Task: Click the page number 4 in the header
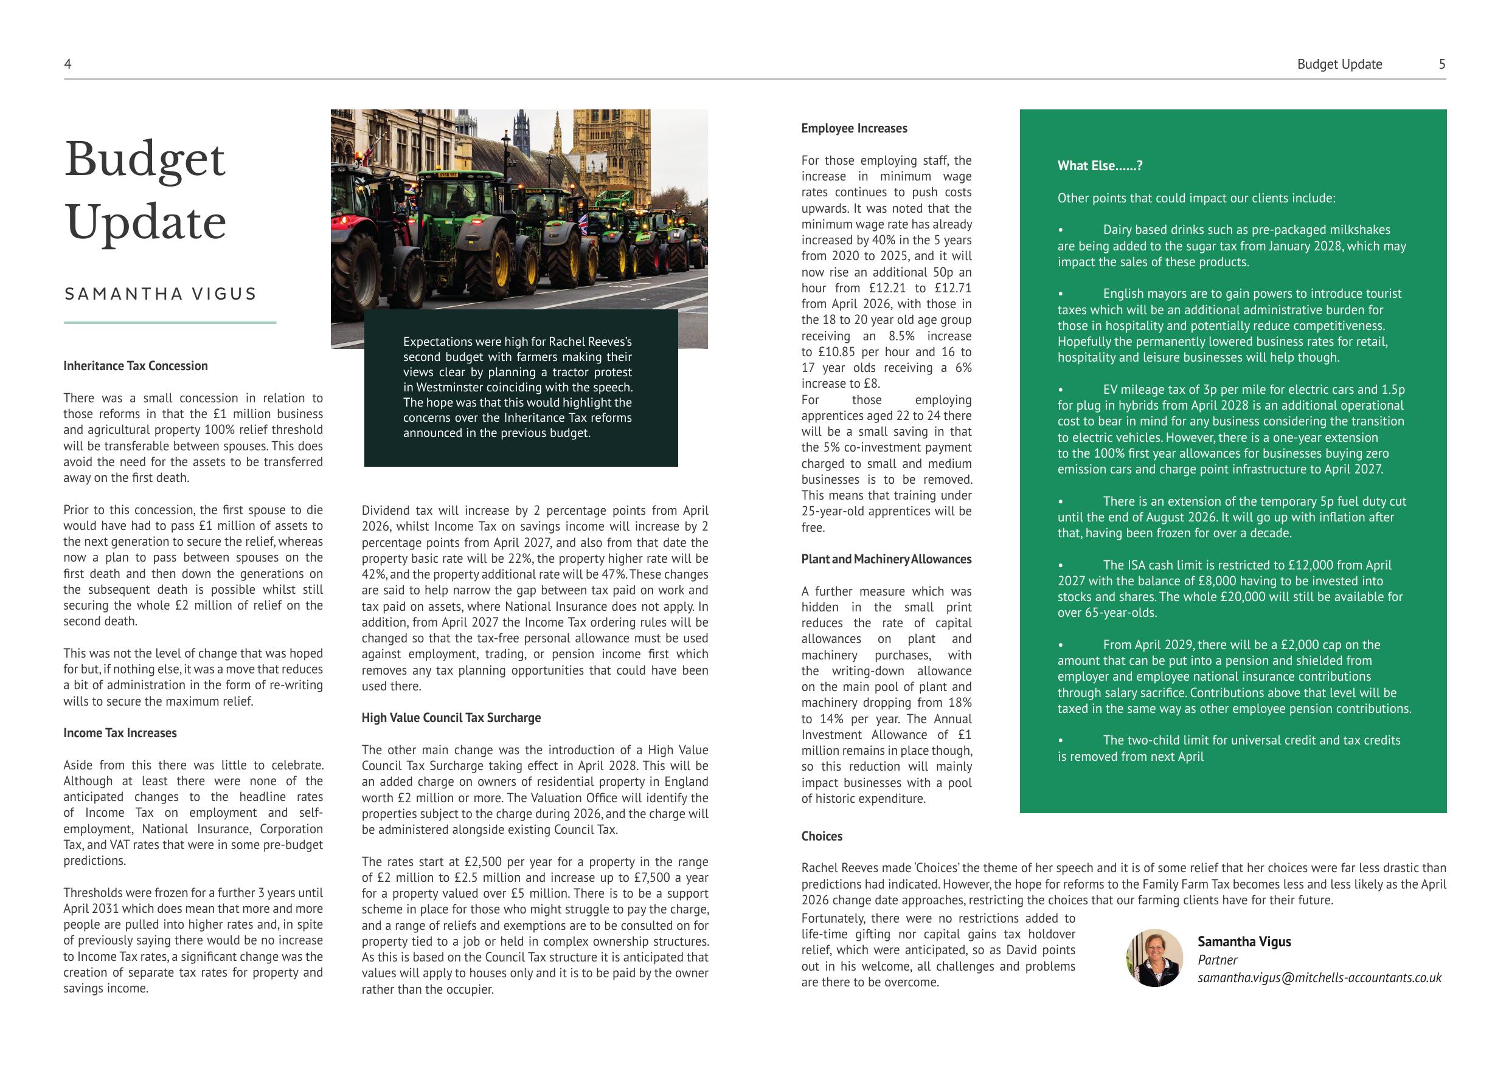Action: pyautogui.click(x=68, y=64)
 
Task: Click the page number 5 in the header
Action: pyautogui.click(x=1442, y=64)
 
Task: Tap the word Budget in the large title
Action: pyautogui.click(x=145, y=160)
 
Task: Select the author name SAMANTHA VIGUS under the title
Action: pyautogui.click(x=161, y=294)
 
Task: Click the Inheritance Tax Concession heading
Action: pyautogui.click(x=136, y=366)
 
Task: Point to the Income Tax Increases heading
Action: pyautogui.click(x=120, y=733)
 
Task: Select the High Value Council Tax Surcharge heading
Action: pyautogui.click(x=451, y=718)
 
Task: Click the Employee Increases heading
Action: pyautogui.click(x=854, y=129)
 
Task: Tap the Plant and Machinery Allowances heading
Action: pyautogui.click(x=886, y=560)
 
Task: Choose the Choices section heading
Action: pyautogui.click(x=822, y=836)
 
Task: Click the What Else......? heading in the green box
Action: pyautogui.click(x=1100, y=166)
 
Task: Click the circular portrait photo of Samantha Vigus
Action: pyautogui.click(x=1154, y=958)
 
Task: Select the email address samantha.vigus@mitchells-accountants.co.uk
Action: pyautogui.click(x=1319, y=977)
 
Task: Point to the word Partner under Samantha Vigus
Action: pyautogui.click(x=1217, y=960)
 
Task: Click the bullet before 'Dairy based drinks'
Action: pyautogui.click(x=1061, y=230)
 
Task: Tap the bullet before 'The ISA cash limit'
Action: pyautogui.click(x=1061, y=565)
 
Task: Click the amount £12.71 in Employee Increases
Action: pyautogui.click(x=952, y=288)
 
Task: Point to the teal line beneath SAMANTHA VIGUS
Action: pyautogui.click(x=170, y=323)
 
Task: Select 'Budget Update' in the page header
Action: pyautogui.click(x=1339, y=64)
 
